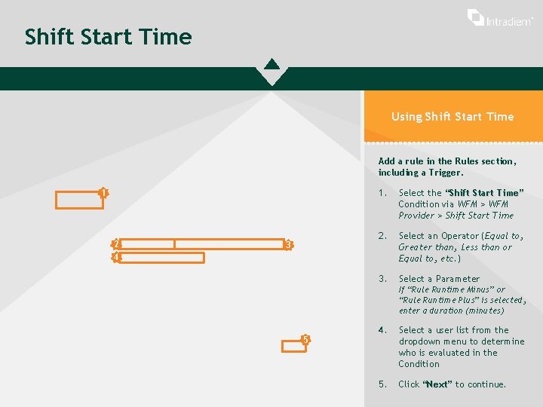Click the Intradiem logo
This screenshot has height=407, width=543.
click(500, 18)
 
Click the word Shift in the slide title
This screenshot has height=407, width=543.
click(50, 36)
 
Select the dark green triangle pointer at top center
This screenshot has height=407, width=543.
click(271, 64)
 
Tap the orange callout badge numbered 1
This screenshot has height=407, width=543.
click(103, 192)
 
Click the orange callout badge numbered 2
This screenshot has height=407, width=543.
click(116, 244)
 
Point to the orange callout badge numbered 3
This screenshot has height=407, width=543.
click(288, 245)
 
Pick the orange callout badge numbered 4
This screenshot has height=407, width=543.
click(116, 257)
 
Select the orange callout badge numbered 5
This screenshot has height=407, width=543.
click(305, 339)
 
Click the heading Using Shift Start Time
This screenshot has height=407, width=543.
click(452, 117)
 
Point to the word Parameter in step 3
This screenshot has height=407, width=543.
click(458, 279)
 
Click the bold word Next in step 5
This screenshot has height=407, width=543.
click(437, 384)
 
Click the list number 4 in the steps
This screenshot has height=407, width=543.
click(382, 330)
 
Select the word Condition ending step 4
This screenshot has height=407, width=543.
click(419, 364)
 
